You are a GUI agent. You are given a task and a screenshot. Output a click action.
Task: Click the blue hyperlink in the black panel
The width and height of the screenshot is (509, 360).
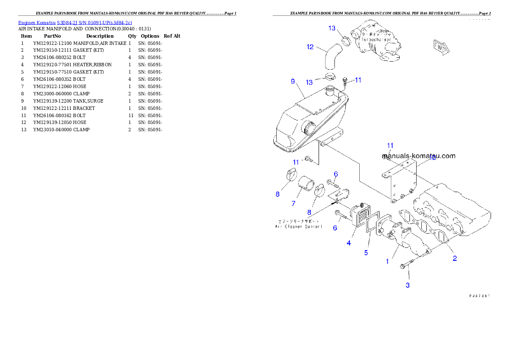click(x=75, y=22)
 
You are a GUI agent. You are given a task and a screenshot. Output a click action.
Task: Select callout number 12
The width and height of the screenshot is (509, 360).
click(x=311, y=47)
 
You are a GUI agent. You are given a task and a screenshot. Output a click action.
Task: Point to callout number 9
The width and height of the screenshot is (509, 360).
click(x=293, y=81)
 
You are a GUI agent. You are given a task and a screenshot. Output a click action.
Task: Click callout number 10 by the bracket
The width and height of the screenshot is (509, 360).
click(x=432, y=158)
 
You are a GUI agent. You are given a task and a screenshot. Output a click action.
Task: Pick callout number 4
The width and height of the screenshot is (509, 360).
click(x=349, y=243)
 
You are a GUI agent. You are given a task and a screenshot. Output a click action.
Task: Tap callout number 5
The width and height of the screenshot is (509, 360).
click(x=366, y=253)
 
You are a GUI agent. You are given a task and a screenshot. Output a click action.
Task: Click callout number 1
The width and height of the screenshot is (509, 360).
click(x=388, y=261)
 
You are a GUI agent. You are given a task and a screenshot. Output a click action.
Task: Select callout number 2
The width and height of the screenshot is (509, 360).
click(x=455, y=258)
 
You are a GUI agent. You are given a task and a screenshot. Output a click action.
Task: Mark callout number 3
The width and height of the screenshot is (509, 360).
click(x=408, y=285)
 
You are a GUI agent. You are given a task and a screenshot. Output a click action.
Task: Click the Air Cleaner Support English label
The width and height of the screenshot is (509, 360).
click(x=299, y=226)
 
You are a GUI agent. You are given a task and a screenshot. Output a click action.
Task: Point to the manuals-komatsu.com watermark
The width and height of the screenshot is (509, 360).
click(x=418, y=156)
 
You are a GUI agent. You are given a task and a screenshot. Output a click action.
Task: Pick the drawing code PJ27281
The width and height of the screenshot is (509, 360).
click(x=479, y=295)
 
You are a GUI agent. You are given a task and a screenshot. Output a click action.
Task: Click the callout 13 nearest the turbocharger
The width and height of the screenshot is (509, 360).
click(x=332, y=28)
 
